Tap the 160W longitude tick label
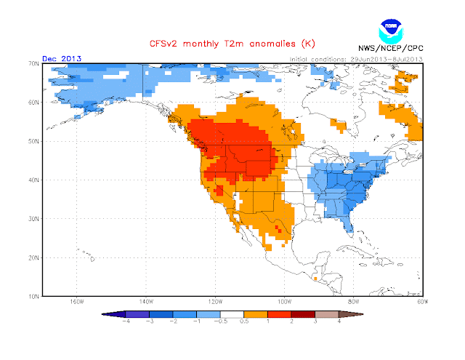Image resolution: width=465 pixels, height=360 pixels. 76,303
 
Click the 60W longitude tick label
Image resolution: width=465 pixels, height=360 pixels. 422,303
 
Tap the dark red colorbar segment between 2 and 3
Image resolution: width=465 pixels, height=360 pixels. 303,313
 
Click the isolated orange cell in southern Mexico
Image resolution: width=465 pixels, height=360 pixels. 315,277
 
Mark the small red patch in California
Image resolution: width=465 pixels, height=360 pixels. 218,191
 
